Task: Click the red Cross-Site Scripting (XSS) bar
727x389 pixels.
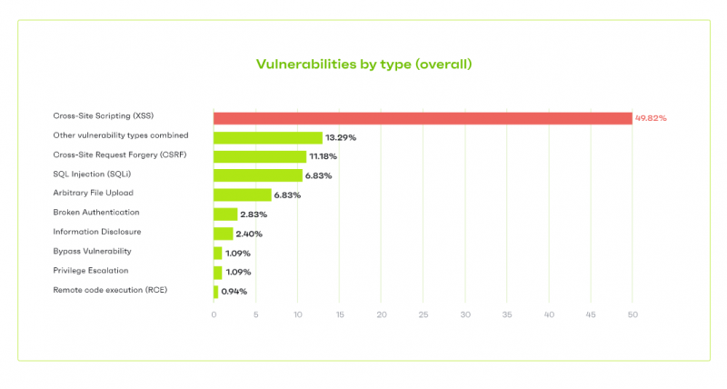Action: coord(423,118)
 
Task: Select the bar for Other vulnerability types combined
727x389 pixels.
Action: coord(268,137)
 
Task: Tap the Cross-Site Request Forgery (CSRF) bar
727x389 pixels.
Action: coord(259,156)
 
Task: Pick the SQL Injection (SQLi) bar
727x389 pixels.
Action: coord(258,175)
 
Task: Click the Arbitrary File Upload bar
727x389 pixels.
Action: coord(243,194)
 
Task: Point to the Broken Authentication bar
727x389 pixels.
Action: coord(225,214)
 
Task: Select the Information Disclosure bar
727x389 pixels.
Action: coord(224,234)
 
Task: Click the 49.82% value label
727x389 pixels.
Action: coord(651,118)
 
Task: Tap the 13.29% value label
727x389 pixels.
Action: coord(341,137)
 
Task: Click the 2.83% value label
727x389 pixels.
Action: coord(255,214)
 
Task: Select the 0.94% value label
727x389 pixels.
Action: coord(234,291)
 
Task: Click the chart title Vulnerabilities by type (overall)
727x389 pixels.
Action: coord(363,65)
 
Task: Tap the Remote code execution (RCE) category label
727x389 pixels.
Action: coord(111,290)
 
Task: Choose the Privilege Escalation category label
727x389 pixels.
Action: coord(91,271)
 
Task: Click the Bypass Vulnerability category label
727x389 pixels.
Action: coord(93,251)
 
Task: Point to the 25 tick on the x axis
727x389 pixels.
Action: coord(423,314)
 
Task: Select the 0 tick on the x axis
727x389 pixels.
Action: coord(214,314)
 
